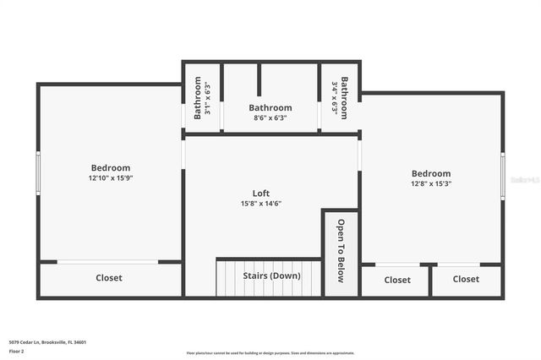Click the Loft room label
[260, 193]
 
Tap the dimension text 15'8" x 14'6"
[260, 204]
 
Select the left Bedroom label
[111, 167]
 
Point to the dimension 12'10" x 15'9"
[111, 178]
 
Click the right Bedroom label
[431, 173]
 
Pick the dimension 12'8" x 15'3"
[431, 184]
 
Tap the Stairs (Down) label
[271, 275]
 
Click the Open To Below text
[341, 251]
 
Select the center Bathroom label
[270, 107]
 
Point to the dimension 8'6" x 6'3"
[270, 118]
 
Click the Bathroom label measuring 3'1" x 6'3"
[198, 97]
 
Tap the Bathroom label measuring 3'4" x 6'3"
[344, 97]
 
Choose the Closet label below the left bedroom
[108, 278]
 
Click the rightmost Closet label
[466, 279]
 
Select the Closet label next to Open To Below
[397, 279]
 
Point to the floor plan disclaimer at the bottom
[270, 353]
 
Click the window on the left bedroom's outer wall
[37, 173]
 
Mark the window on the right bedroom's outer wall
[503, 176]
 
